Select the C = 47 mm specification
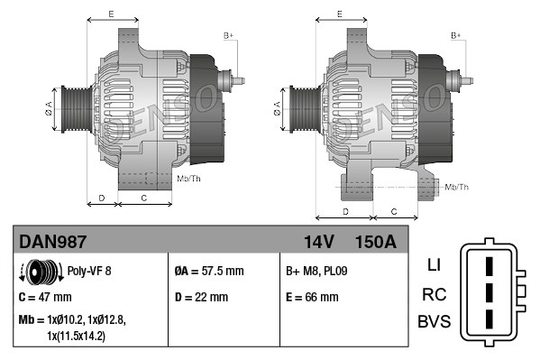coord(45,296)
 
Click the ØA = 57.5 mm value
coord(208,271)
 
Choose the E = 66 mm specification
coord(312,296)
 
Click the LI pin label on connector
coord(433,264)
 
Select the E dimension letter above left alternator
coord(111,14)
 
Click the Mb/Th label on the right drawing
coord(456,187)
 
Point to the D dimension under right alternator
coord(346,211)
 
